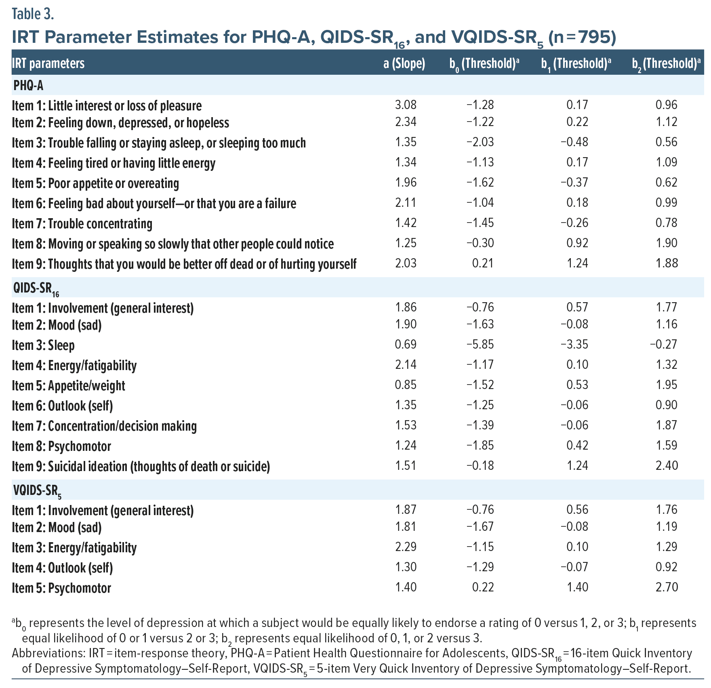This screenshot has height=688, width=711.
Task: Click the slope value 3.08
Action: (x=405, y=105)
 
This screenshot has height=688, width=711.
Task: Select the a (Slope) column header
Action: (x=404, y=63)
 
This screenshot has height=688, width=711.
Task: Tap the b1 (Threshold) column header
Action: (x=576, y=63)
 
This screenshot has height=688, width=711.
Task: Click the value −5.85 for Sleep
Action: (x=480, y=345)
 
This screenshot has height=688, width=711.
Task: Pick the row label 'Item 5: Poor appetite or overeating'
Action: (x=95, y=183)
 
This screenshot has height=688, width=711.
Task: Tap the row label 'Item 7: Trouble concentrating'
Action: (x=82, y=223)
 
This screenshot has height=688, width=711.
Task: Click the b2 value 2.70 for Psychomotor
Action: (x=667, y=587)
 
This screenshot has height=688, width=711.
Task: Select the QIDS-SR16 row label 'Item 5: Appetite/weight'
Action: (x=68, y=385)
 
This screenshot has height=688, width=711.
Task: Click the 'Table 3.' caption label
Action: (x=33, y=14)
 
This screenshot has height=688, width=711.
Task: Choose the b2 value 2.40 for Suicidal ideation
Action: (x=667, y=465)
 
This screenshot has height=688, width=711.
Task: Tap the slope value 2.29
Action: (x=405, y=547)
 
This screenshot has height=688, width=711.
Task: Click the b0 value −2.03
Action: (x=480, y=142)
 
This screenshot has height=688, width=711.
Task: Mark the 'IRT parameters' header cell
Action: (x=48, y=63)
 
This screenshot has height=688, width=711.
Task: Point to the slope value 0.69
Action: (x=405, y=345)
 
